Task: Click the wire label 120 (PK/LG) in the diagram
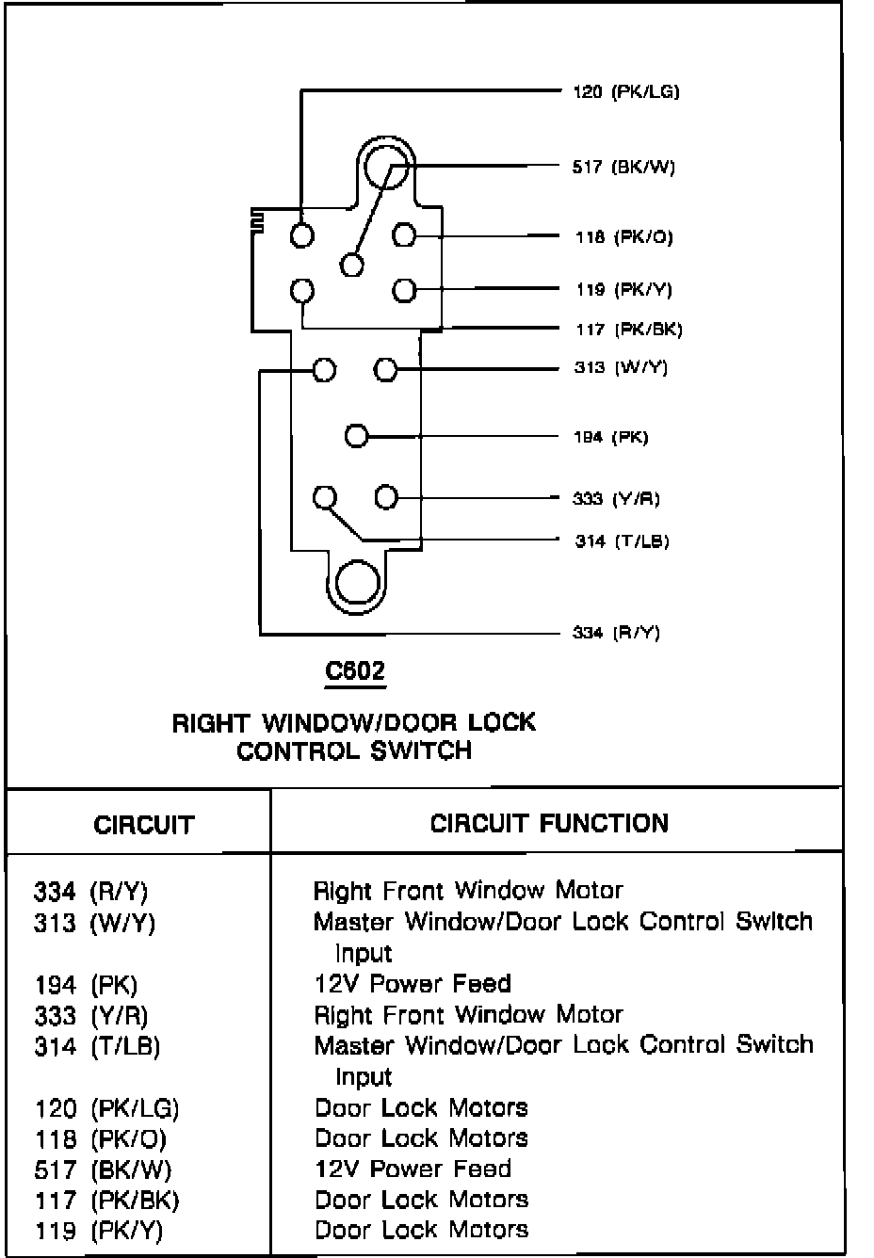point(625,91)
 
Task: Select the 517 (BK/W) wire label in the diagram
point(623,168)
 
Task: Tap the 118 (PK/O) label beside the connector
point(623,237)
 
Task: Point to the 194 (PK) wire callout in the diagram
point(610,437)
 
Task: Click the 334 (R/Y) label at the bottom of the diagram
point(616,632)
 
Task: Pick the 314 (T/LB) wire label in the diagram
point(622,541)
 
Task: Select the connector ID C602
point(355,671)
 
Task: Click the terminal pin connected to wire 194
point(356,436)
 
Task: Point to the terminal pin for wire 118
point(404,234)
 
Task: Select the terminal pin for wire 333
point(386,496)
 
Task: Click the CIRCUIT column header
point(143,825)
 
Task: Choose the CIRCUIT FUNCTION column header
point(549,823)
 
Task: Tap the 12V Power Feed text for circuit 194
point(412,984)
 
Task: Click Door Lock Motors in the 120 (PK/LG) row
point(421,1107)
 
